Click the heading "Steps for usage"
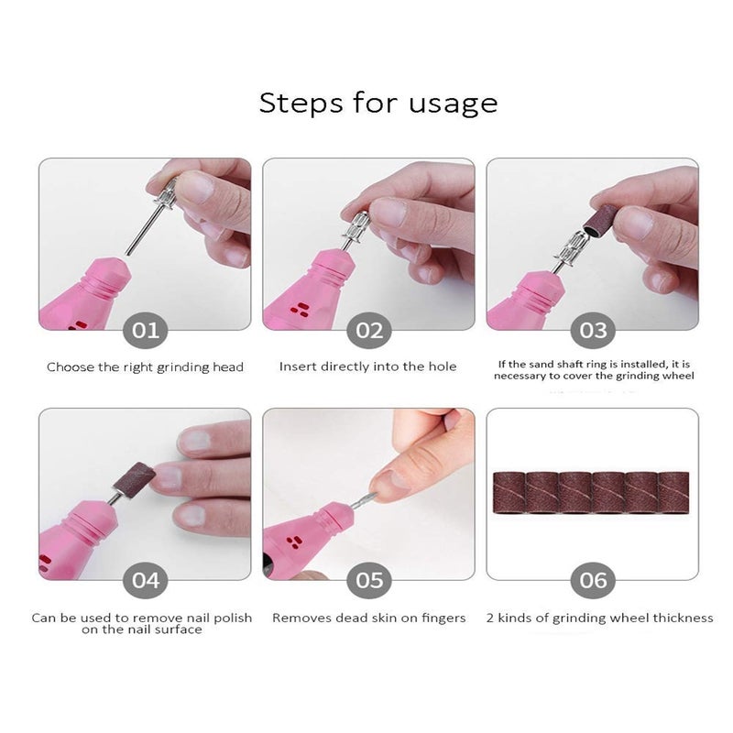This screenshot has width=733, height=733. point(377,104)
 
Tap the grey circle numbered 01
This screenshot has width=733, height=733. point(145,330)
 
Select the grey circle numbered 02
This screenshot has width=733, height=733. point(369,330)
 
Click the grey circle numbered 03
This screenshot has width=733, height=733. point(593,330)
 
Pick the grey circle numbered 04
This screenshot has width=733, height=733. point(145,580)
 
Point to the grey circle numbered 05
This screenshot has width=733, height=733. point(369,580)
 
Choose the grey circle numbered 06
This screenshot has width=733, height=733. point(593,580)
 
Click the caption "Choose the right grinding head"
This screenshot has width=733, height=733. point(145,367)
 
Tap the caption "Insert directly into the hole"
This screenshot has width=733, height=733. point(368,367)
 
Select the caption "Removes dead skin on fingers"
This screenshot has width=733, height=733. point(369,618)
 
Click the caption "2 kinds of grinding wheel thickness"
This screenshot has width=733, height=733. point(600,618)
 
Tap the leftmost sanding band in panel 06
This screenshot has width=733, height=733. point(509,493)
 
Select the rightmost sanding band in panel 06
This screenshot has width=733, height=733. point(673,493)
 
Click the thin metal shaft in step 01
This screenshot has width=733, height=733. point(144,230)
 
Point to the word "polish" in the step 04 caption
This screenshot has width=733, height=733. point(233,618)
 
